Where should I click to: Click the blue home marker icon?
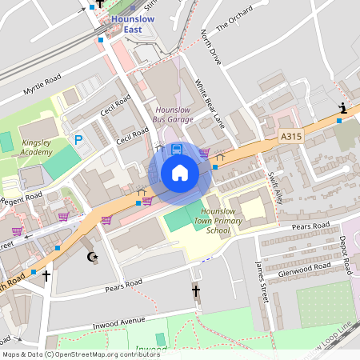coord(180,173)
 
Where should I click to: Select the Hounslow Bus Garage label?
coord(174,114)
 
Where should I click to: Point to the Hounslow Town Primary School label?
coord(213,221)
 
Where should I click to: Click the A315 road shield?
coord(291,138)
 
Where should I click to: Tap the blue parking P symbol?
coord(78,140)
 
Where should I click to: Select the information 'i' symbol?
coord(342,108)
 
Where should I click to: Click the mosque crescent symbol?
coord(90,257)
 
